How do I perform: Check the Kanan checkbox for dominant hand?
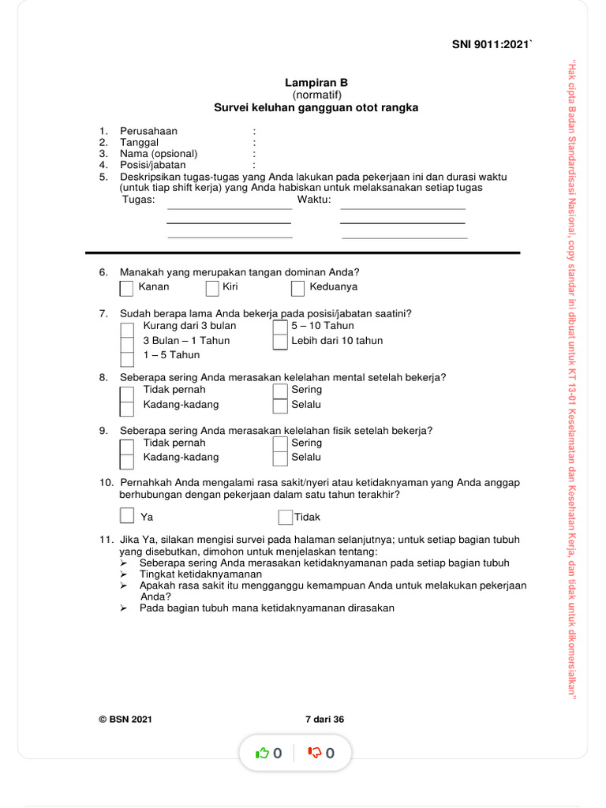[126, 288]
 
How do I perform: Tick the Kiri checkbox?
[211, 288]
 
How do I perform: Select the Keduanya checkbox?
[297, 288]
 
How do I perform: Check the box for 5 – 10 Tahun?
[279, 327]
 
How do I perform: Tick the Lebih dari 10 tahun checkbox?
[279, 342]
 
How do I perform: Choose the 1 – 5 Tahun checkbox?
[127, 357]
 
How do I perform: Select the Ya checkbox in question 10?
[127, 516]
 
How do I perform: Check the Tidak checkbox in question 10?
[285, 518]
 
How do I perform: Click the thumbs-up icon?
[263, 754]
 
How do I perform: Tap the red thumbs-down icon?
[315, 754]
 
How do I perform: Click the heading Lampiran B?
[316, 83]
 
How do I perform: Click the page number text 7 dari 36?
[324, 720]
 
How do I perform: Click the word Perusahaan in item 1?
[148, 131]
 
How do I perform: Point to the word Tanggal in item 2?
[139, 143]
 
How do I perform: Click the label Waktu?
[314, 200]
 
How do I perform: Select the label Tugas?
[139, 200]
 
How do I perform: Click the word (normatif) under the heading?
[316, 95]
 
